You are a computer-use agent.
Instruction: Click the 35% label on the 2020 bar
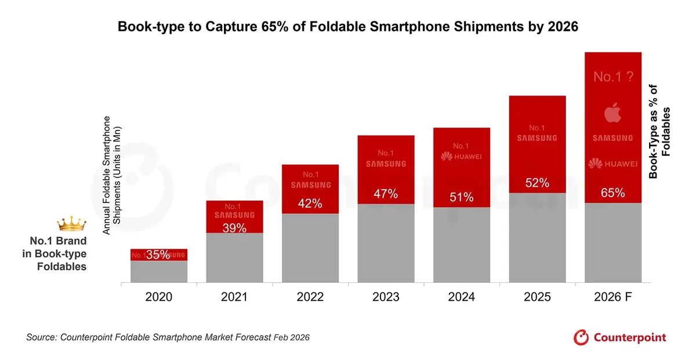point(158,254)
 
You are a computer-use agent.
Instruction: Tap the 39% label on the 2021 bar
point(234,228)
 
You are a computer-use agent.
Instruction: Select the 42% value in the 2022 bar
point(310,203)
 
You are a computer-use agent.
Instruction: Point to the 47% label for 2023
point(386,194)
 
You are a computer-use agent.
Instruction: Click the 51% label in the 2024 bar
point(462,198)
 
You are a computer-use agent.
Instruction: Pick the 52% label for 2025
point(537,183)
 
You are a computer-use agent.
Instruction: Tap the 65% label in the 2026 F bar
point(612,192)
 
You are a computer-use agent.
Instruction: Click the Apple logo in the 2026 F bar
point(612,112)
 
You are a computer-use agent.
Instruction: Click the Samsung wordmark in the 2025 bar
point(537,138)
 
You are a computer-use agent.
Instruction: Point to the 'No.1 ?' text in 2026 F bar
point(612,77)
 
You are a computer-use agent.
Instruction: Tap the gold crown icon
point(71,223)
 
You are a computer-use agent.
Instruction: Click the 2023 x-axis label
point(386,297)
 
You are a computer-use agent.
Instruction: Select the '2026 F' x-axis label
point(612,297)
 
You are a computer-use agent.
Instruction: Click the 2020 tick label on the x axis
point(158,297)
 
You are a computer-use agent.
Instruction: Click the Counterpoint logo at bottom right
point(620,337)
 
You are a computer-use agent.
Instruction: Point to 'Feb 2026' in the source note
point(291,337)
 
